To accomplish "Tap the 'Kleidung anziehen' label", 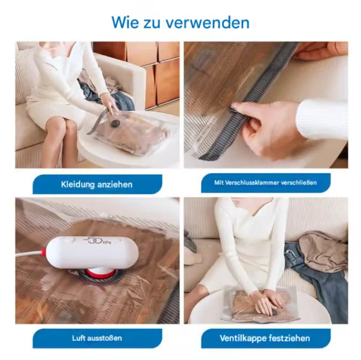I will click(97, 184).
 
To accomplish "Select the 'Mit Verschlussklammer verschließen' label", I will click(265, 183).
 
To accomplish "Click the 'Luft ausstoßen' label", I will click(97, 338).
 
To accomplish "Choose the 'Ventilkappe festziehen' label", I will click(265, 338).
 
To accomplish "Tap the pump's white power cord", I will click(30, 254).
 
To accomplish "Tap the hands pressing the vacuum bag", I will click(265, 298).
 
